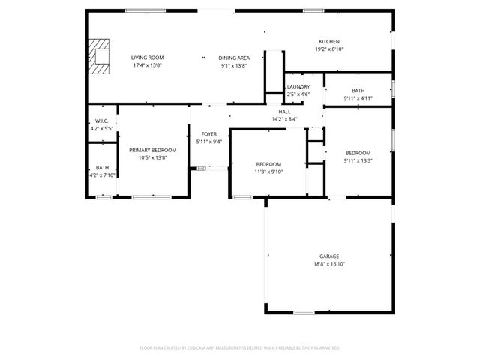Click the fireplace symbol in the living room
click(x=97, y=57)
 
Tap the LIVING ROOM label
click(x=148, y=58)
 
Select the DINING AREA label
click(x=234, y=58)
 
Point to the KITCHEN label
click(x=329, y=41)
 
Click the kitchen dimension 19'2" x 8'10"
click(x=329, y=49)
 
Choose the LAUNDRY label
click(x=298, y=86)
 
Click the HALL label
click(x=285, y=111)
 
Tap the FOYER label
click(x=208, y=133)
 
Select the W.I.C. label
click(x=102, y=121)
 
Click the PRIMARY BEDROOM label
click(x=153, y=150)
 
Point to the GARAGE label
click(x=329, y=256)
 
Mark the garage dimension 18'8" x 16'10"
click(x=329, y=264)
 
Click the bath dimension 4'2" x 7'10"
click(x=102, y=175)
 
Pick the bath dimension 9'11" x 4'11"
click(x=358, y=98)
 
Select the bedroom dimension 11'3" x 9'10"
click(x=268, y=172)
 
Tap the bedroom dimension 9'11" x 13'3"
click(x=358, y=160)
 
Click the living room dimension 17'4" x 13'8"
click(x=148, y=66)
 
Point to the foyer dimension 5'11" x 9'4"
click(x=208, y=142)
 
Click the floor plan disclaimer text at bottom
click(x=240, y=348)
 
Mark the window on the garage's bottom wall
click(x=303, y=313)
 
